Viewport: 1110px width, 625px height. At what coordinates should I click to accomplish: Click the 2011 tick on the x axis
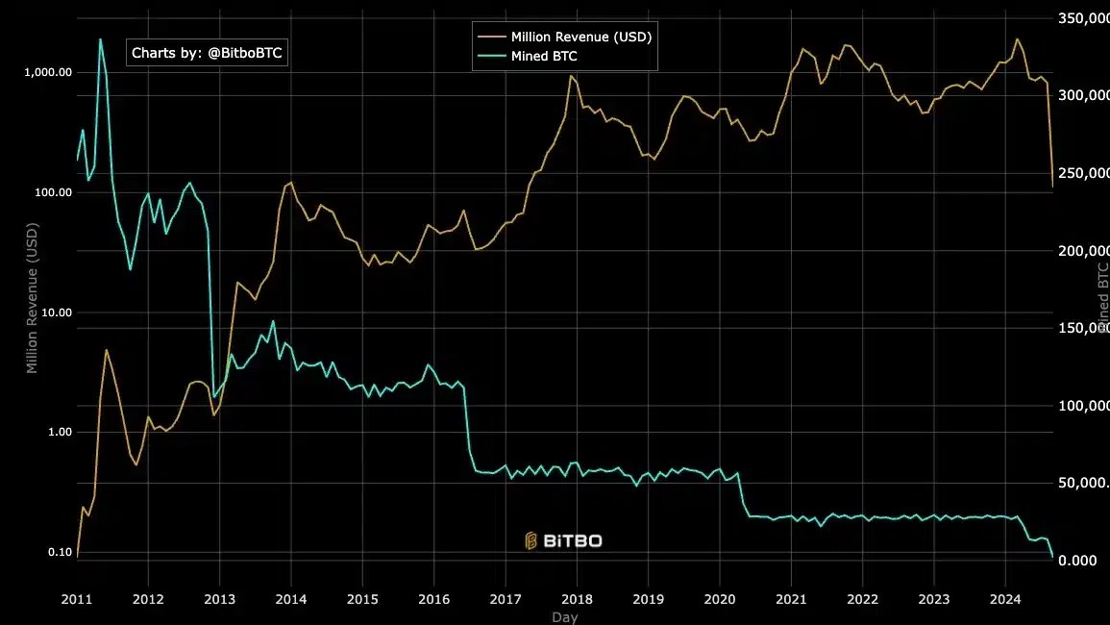click(77, 598)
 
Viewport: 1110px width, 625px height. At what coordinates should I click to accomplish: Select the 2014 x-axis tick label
click(291, 598)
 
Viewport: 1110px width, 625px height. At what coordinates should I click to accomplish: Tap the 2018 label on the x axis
click(577, 598)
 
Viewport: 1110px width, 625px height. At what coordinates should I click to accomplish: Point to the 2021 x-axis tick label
click(791, 598)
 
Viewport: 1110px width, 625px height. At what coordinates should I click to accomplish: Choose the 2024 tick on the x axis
click(1005, 598)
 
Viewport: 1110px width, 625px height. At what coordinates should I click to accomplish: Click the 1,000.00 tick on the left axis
click(48, 73)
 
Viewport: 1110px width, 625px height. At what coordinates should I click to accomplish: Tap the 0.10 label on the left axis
click(59, 552)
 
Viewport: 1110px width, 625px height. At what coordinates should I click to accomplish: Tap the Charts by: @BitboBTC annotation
click(207, 53)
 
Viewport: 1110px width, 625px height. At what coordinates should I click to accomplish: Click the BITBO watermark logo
click(563, 540)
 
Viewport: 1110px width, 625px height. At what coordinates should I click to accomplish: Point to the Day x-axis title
click(565, 617)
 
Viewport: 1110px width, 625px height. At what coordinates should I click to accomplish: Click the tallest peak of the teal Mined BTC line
click(100, 39)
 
